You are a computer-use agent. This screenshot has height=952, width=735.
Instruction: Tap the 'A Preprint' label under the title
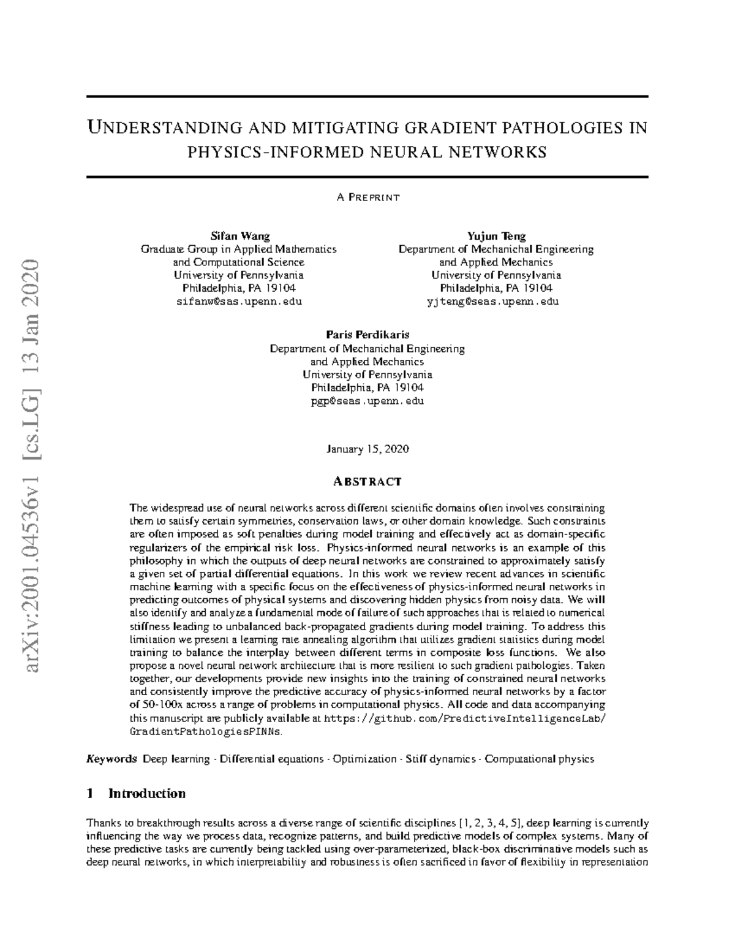coord(367,197)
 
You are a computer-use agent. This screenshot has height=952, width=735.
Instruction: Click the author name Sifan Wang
coord(239,236)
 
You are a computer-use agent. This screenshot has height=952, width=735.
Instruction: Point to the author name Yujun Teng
coord(496,236)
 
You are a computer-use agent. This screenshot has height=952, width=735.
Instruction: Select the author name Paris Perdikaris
coord(367,335)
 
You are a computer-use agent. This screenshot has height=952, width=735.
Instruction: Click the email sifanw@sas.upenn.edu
coord(239,302)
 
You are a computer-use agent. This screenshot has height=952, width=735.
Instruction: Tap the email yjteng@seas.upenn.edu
coord(496,302)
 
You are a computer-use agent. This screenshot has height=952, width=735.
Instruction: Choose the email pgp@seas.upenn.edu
coord(367,401)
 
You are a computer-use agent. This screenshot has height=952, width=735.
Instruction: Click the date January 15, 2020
coord(367,449)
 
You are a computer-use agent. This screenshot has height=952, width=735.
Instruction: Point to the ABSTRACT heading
coord(367,481)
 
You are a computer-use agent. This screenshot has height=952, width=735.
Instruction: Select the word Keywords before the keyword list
coord(111,759)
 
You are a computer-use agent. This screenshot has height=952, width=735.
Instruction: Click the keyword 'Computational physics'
coord(540,759)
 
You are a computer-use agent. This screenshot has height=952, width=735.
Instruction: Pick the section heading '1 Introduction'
coord(136,793)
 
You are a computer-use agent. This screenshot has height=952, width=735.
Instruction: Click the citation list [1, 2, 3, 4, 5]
coord(491,823)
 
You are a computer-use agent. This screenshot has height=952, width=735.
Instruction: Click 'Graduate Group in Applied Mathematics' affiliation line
coord(239,249)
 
